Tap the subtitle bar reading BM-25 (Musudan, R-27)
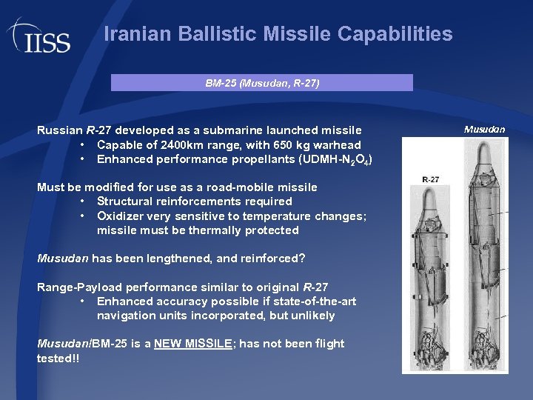(262, 83)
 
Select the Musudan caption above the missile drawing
(484, 130)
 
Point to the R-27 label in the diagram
(430, 179)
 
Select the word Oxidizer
(121, 216)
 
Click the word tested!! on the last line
(58, 359)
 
